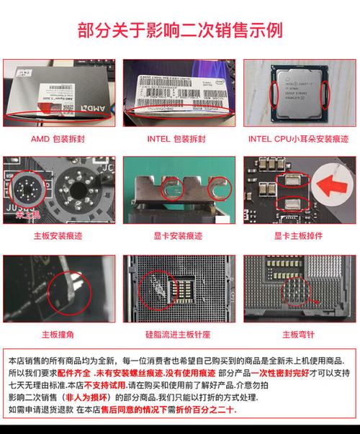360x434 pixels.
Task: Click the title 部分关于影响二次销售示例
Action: (179, 30)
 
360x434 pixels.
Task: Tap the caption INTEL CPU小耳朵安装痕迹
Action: (298, 137)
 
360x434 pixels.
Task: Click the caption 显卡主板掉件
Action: (298, 235)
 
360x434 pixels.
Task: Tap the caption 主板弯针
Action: (298, 334)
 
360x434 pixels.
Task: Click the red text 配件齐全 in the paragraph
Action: (75, 373)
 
